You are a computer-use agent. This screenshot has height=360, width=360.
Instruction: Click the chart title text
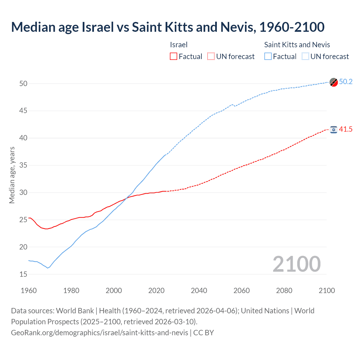168,27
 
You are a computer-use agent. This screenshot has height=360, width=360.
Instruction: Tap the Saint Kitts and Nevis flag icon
334,82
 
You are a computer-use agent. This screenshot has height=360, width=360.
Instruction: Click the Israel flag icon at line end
334,129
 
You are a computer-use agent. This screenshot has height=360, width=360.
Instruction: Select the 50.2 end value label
346,82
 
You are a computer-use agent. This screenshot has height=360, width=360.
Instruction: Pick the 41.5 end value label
346,129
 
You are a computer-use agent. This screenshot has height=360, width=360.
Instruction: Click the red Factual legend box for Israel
174,56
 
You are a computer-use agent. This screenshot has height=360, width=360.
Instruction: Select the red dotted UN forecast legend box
211,56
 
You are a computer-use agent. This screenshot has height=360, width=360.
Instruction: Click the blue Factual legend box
268,56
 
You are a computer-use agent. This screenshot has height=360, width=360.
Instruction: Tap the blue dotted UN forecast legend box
305,56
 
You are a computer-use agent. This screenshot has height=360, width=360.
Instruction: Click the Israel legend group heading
179,45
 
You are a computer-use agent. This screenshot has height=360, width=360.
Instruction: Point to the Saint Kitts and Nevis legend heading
297,45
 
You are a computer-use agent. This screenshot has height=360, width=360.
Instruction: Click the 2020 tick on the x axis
156,291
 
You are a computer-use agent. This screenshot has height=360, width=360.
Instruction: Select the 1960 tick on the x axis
29,291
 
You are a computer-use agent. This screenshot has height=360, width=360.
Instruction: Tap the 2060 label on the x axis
242,291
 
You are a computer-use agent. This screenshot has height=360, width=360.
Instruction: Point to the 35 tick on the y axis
23,165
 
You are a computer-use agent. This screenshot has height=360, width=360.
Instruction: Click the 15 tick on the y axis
23,274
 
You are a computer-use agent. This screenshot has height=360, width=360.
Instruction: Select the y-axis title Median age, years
12,175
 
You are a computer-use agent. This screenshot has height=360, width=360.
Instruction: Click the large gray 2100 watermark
297,264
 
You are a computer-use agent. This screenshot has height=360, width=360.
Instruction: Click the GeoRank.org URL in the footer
100,333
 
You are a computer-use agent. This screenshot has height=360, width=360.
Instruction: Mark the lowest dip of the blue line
48,268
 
